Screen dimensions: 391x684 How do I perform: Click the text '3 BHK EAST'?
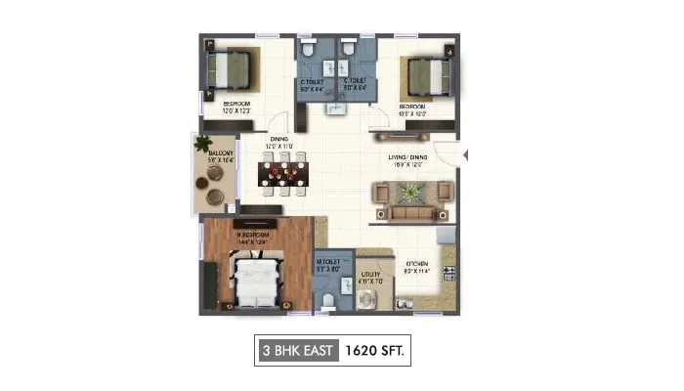pos(295,349)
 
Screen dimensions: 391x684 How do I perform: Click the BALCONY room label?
pos(219,152)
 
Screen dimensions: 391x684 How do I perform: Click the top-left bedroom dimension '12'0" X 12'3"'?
pos(236,110)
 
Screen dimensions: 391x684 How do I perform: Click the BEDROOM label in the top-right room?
pos(410,105)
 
